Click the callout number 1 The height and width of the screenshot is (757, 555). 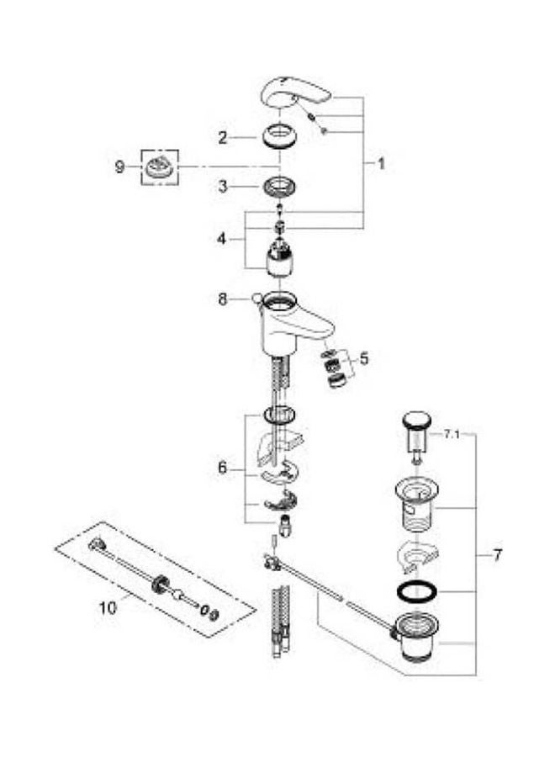click(381, 164)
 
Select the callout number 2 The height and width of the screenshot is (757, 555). click(222, 138)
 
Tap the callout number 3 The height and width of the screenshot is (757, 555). click(222, 187)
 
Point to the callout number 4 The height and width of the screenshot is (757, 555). click(221, 239)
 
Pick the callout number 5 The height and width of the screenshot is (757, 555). click(364, 358)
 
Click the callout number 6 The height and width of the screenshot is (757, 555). click(222, 468)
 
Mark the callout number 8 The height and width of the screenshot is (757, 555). click(222, 299)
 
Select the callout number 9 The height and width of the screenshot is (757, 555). click(119, 167)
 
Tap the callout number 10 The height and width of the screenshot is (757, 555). click(108, 607)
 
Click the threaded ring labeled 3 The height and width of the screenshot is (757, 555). click(280, 187)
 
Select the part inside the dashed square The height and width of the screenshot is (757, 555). click(159, 167)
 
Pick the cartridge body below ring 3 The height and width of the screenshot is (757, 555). click(280, 262)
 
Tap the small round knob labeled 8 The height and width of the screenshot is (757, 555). click(256, 299)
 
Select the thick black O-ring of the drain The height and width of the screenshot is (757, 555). click(416, 592)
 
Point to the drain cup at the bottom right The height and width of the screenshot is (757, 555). click(416, 638)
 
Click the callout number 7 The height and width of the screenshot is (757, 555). click(498, 555)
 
